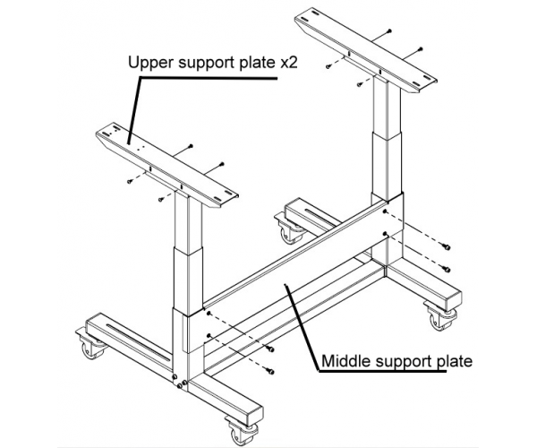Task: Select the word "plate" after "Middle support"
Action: point(453,362)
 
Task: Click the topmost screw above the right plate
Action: point(390,30)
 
